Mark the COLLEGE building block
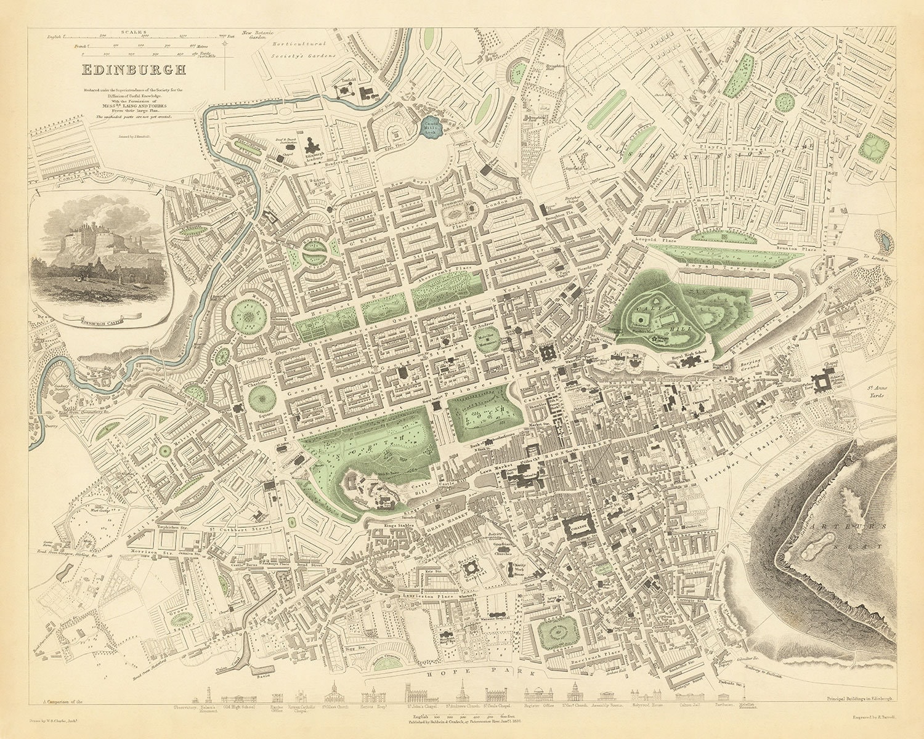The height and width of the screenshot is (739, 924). pyautogui.click(x=578, y=528)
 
